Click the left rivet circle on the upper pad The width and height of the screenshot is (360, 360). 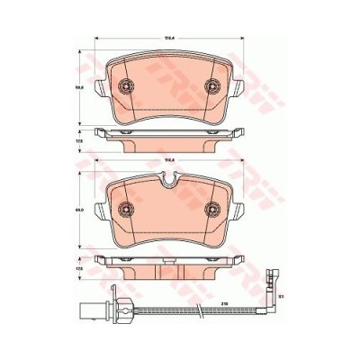[126, 87]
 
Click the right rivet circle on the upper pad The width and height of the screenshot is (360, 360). [212, 87]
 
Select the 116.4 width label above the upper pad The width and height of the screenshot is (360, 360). [167, 37]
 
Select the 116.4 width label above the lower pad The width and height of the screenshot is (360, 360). [167, 161]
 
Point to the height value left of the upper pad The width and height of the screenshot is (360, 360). [80, 87]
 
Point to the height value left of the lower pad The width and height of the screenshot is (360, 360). [80, 210]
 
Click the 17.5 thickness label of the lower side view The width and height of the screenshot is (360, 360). [80, 268]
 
